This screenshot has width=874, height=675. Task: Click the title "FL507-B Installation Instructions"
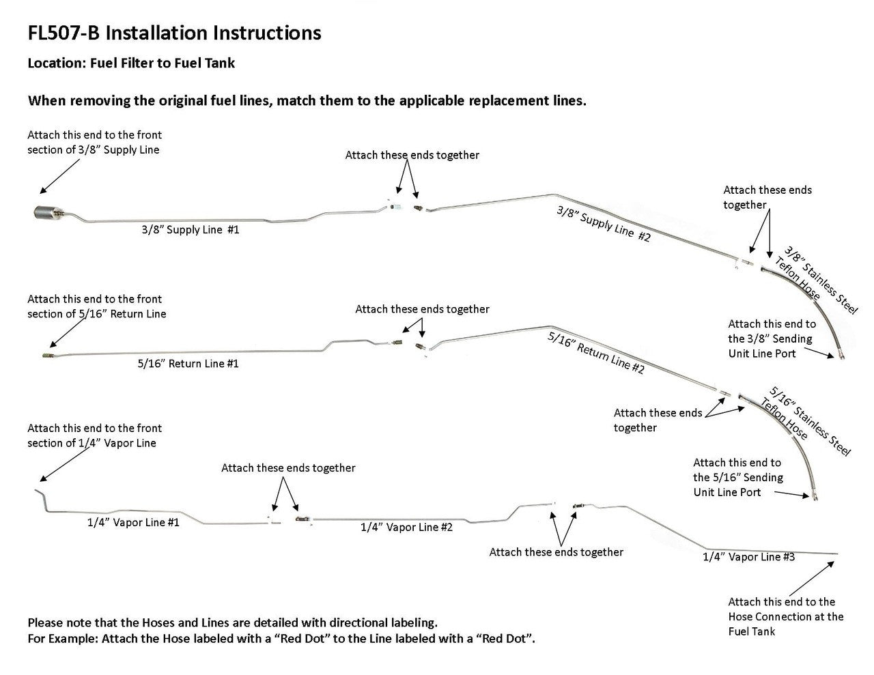[174, 33]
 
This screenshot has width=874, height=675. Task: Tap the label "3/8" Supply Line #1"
[191, 230]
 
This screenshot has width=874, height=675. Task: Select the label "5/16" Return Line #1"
[188, 364]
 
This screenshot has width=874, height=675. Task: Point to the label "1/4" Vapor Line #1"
[133, 523]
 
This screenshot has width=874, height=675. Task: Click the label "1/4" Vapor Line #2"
[406, 527]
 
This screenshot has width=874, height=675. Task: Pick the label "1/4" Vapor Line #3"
[748, 557]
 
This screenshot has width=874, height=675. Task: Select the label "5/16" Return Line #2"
[595, 353]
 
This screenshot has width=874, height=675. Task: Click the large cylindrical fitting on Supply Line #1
[44, 213]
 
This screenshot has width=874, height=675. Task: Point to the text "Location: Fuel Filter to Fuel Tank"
[131, 63]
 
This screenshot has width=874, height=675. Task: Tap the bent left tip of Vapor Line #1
[40, 493]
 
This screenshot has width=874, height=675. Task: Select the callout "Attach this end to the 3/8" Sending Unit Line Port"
[771, 339]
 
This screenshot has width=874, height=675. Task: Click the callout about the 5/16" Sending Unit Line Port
[737, 477]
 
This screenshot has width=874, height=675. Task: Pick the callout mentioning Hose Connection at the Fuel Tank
[785, 616]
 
